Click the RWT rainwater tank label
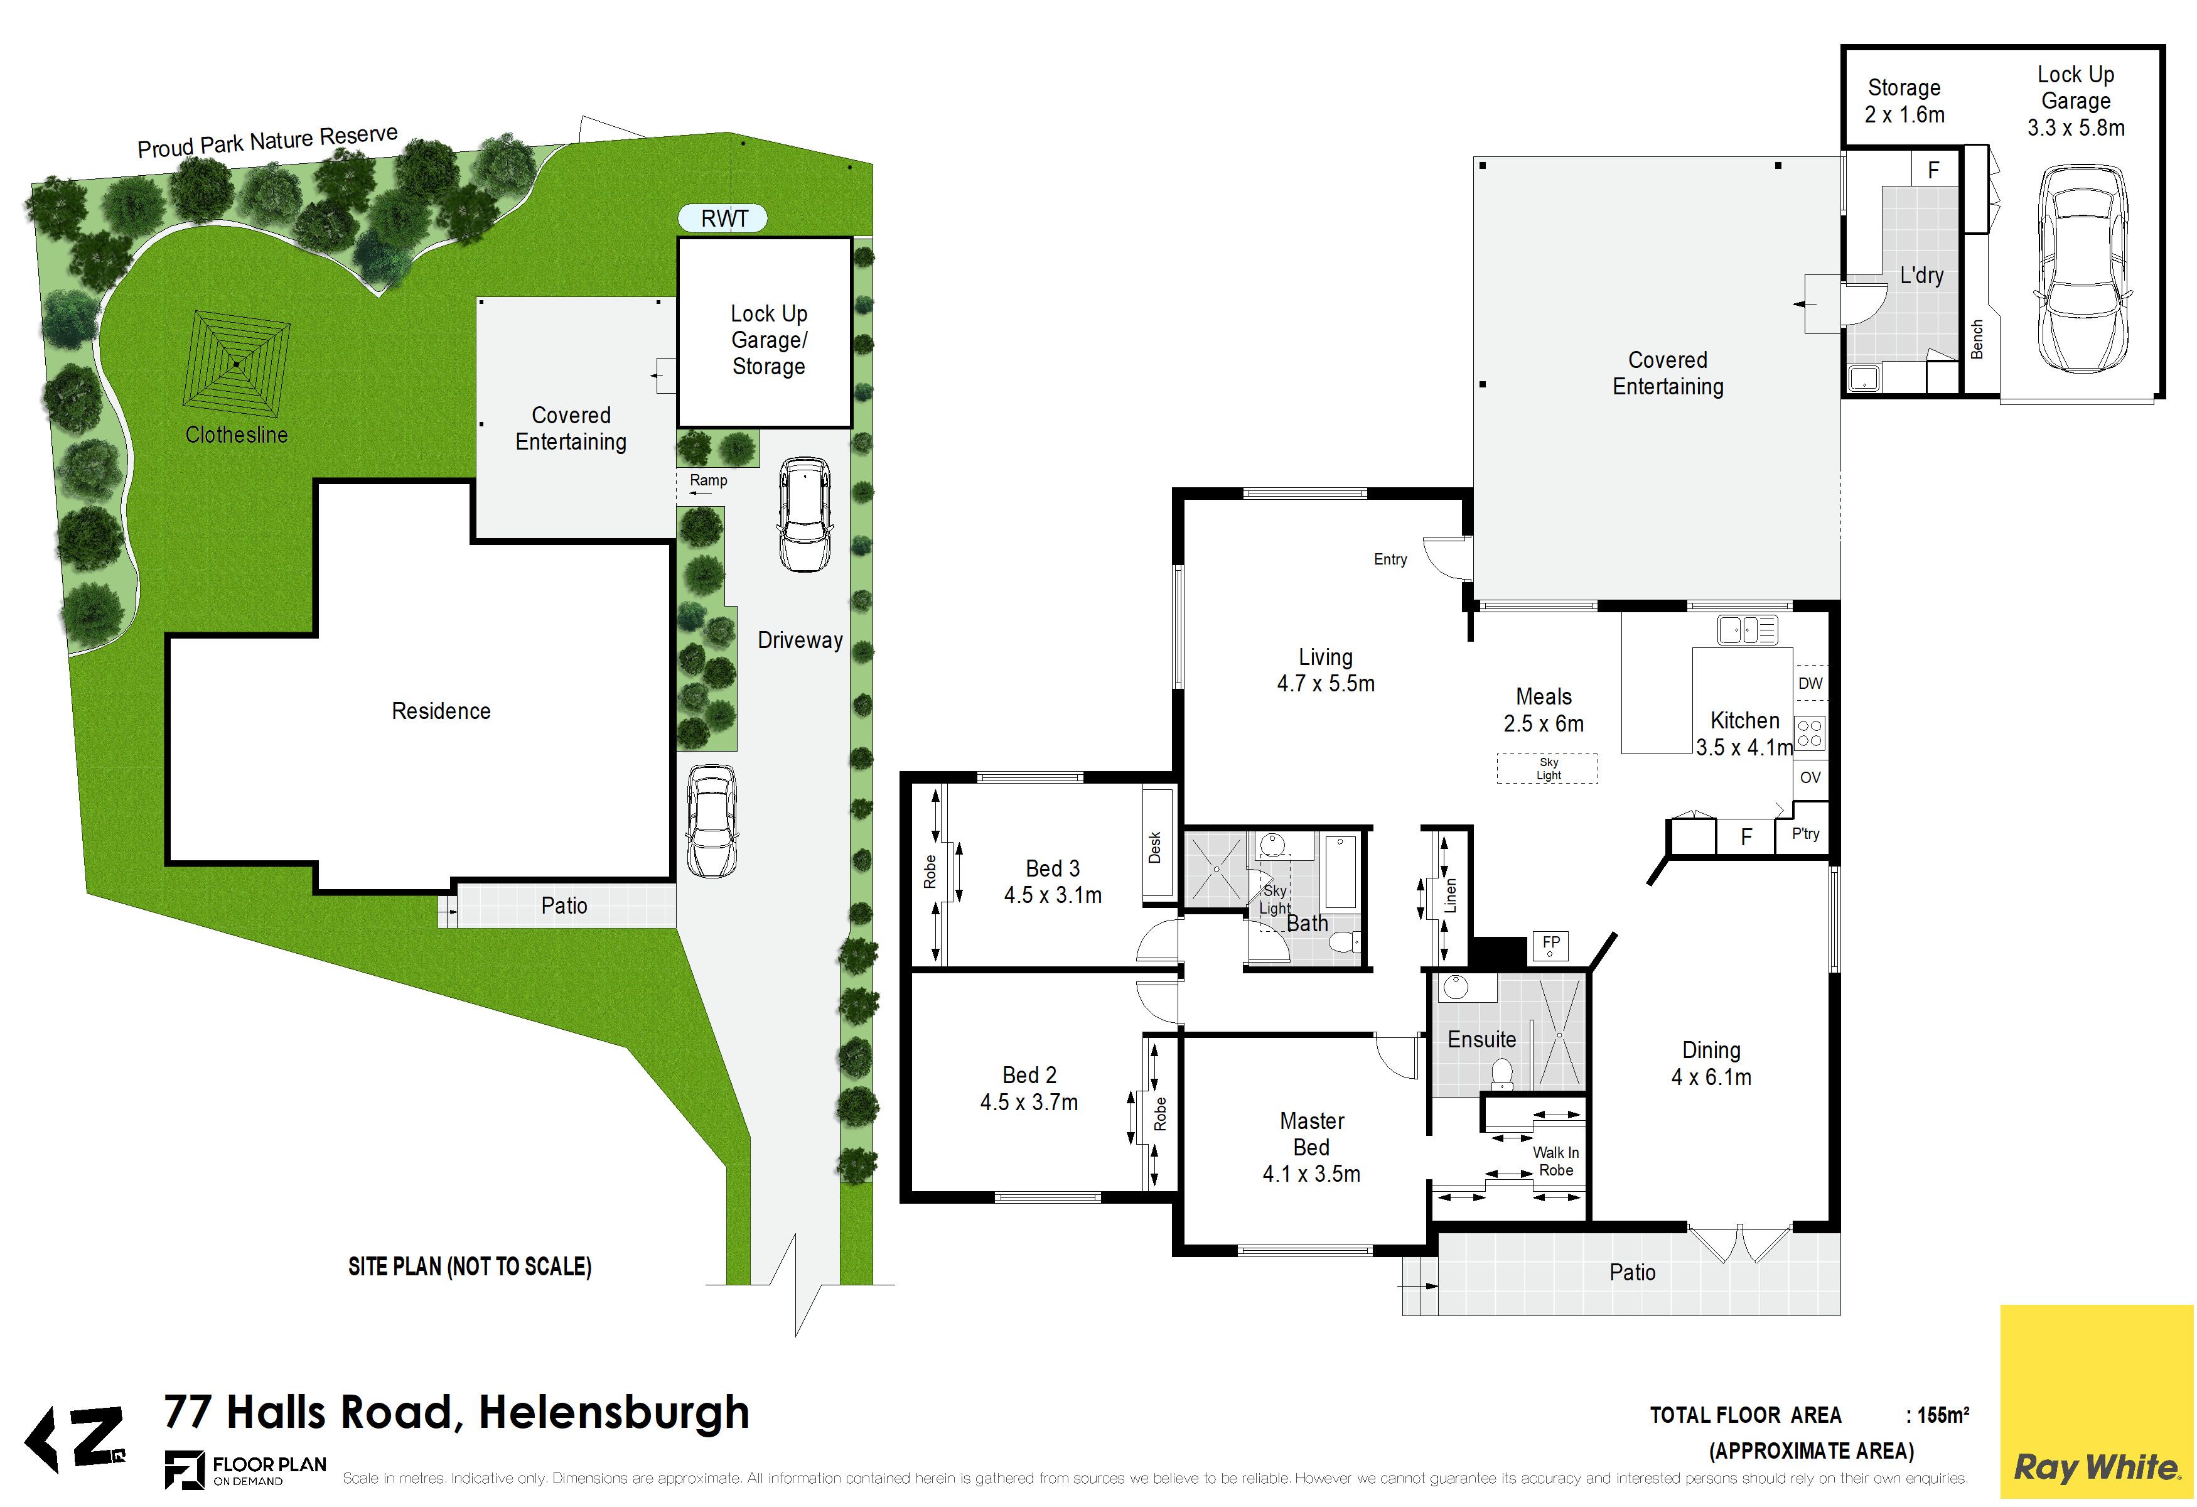724,219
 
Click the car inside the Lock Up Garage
2082,271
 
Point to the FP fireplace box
1550,944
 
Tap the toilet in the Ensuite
1500,1074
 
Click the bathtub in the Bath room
1341,872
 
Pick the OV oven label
1810,777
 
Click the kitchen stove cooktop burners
1810,733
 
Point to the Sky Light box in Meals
1547,769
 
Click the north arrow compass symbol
75,1439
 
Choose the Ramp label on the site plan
708,480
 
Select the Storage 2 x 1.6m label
1904,101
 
